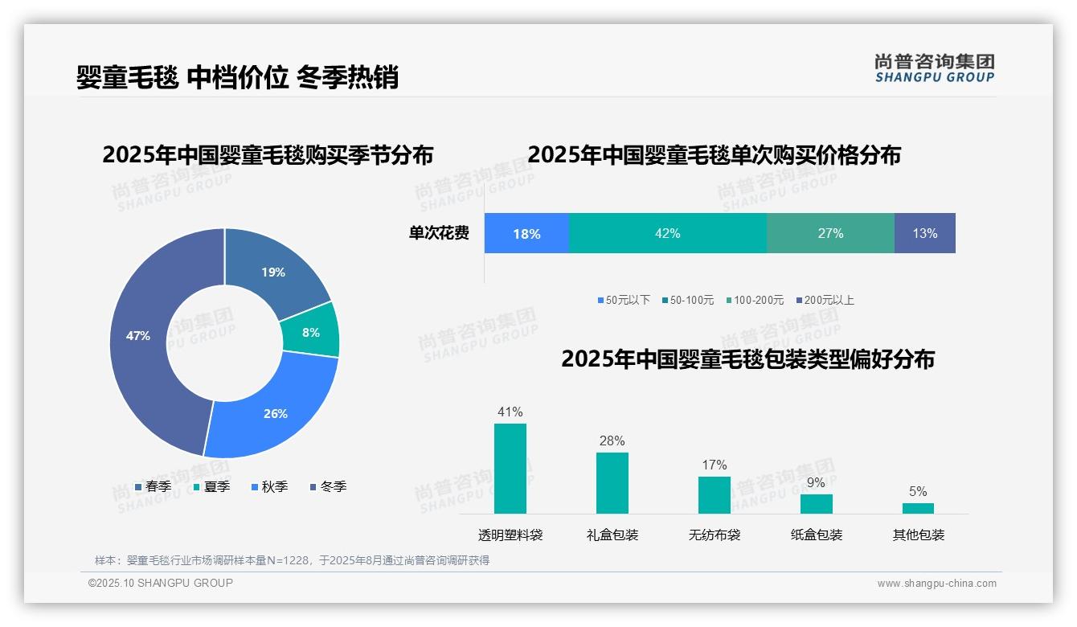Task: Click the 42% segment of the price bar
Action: pyautogui.click(x=667, y=233)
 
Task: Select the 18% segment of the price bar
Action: pyautogui.click(x=526, y=233)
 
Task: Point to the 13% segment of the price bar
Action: pyautogui.click(x=924, y=233)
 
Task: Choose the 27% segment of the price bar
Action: pyautogui.click(x=830, y=233)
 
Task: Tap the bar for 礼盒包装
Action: pyautogui.click(x=612, y=483)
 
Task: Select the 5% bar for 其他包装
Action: pyautogui.click(x=918, y=508)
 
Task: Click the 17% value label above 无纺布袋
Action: pyautogui.click(x=714, y=465)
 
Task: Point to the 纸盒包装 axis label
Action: pyautogui.click(x=817, y=535)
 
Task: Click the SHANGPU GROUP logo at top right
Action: pyautogui.click(x=935, y=68)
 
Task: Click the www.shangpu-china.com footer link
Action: pyautogui.click(x=936, y=583)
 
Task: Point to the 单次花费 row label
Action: pyautogui.click(x=439, y=233)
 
